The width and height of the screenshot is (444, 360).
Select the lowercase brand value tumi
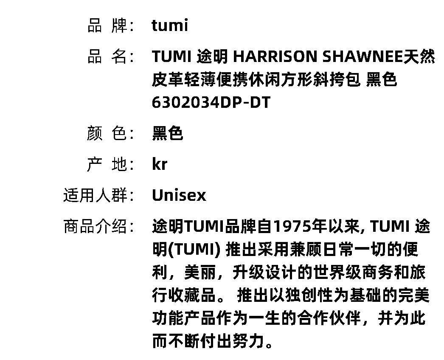[x=170, y=26]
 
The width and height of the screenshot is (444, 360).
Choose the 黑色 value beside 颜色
[x=167, y=133]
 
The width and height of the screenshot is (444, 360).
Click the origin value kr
[x=160, y=164]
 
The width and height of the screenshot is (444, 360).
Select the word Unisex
[x=179, y=195]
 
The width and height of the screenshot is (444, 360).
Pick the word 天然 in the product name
[x=419, y=56]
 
